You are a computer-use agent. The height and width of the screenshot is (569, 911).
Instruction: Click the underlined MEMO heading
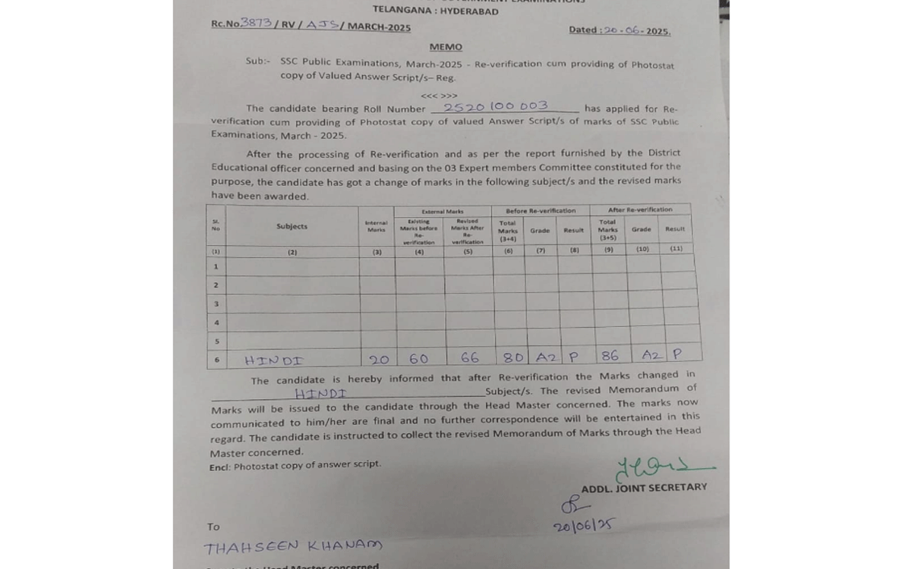click(x=446, y=47)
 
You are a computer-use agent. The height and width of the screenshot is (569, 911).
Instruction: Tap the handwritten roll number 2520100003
click(x=496, y=107)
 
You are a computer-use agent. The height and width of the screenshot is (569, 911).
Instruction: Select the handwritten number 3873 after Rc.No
click(x=255, y=24)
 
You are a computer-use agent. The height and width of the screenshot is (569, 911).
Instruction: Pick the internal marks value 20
click(x=377, y=358)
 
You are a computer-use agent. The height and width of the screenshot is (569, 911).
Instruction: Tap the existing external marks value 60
click(x=418, y=357)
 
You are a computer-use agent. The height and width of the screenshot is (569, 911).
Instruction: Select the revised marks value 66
click(x=470, y=357)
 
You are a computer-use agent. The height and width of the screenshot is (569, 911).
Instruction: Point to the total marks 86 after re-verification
click(x=610, y=355)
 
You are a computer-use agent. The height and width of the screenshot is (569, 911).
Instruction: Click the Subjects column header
click(x=292, y=227)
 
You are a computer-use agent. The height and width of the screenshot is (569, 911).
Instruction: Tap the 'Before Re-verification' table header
click(x=541, y=210)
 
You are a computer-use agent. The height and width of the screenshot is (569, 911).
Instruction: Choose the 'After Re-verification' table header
click(x=640, y=209)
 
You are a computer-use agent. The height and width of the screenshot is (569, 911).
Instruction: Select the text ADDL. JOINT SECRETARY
click(x=644, y=487)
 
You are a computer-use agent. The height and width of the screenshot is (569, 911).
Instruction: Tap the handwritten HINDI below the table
click(x=321, y=394)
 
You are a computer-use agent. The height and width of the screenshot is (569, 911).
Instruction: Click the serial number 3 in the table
click(x=216, y=303)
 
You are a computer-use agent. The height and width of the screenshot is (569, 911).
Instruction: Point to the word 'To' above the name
click(x=213, y=527)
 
